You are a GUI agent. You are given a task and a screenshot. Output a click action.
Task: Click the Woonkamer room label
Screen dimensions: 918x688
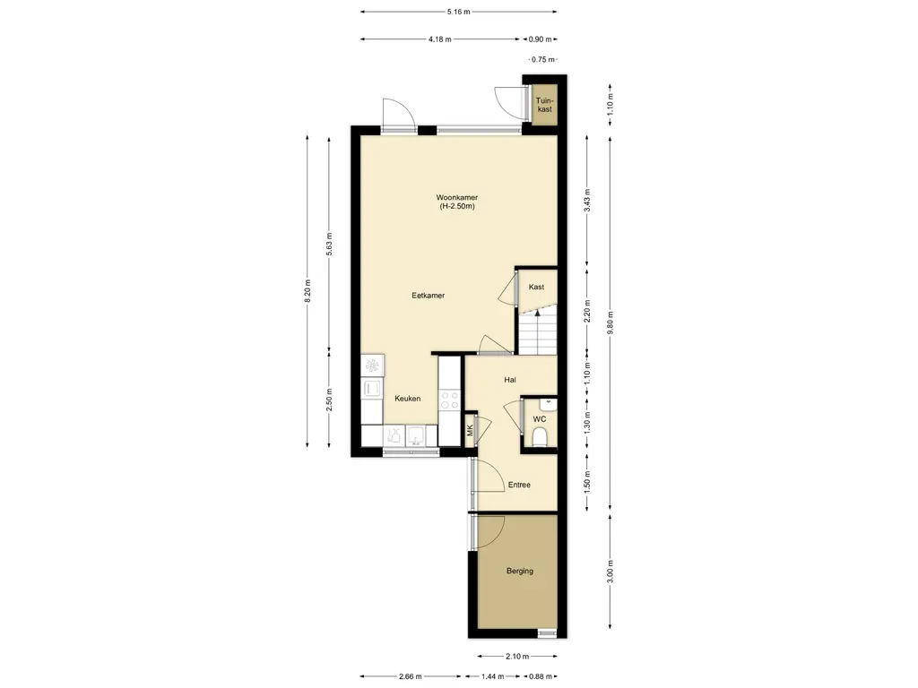[456, 198]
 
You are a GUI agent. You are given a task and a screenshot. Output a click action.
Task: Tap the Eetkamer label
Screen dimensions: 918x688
[428, 296]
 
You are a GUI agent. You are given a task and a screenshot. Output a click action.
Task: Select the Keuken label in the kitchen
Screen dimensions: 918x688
[408, 399]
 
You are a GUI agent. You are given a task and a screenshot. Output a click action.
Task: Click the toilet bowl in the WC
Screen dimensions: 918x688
[539, 436]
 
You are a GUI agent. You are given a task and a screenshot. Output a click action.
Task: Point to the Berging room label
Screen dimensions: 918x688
[520, 571]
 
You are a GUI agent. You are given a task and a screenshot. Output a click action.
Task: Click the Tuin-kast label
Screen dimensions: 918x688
[544, 105]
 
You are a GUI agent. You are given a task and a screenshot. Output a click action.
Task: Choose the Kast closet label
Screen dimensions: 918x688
[536, 287]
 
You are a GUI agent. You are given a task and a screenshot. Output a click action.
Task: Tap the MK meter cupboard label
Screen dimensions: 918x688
[470, 430]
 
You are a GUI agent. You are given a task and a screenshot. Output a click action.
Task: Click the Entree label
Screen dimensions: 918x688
[519, 485]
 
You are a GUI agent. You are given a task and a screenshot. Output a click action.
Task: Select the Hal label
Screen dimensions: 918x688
[510, 380]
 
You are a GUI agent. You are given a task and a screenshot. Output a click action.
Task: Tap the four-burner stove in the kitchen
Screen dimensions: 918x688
[450, 400]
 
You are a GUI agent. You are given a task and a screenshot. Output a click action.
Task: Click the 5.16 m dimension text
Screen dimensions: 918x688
[459, 12]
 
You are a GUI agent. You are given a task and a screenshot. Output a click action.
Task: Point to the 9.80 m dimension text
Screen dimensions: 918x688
[611, 322]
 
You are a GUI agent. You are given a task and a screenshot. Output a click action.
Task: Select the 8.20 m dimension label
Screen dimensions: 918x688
[307, 291]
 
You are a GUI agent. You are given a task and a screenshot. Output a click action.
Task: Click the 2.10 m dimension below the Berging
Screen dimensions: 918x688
[517, 657]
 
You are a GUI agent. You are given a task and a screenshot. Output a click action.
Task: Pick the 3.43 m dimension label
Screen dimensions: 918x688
[587, 200]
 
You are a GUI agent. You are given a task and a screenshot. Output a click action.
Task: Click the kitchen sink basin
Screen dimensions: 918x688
[416, 436]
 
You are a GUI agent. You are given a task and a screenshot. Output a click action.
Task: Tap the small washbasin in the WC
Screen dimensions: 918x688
[549, 402]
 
